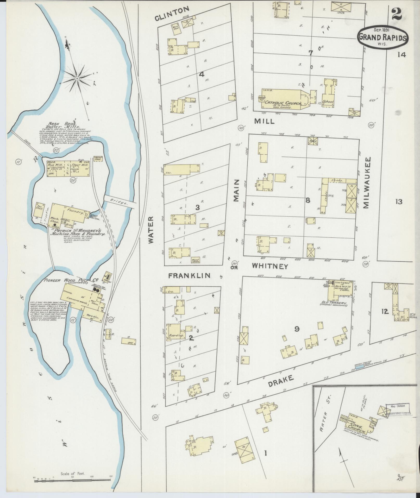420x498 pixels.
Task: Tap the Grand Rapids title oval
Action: [382, 37]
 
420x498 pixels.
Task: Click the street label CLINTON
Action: [172, 14]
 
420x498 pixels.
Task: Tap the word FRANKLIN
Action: [189, 276]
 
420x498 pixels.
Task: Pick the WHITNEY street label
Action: [270, 266]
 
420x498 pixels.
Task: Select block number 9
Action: [296, 329]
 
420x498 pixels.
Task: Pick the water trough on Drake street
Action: [360, 367]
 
